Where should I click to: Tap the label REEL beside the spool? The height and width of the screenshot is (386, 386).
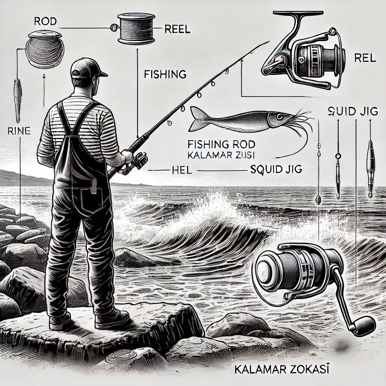[x=177, y=30]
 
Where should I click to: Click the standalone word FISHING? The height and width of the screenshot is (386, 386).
[x=165, y=74]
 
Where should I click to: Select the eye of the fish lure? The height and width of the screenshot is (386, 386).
[x=279, y=116]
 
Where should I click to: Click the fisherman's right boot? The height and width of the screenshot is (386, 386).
[x=112, y=320]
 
